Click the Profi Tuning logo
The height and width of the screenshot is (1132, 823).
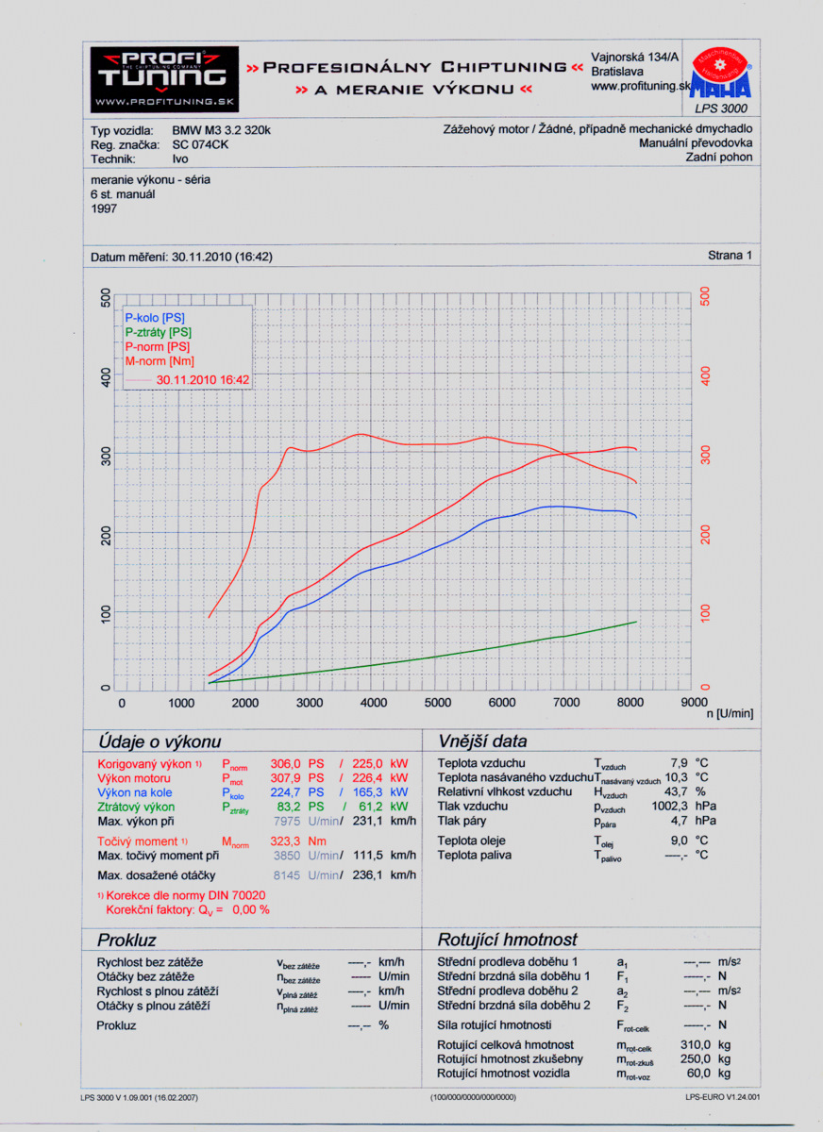click(164, 77)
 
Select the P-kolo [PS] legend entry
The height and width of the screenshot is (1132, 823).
click(155, 319)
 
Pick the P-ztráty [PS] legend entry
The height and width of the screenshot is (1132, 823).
click(158, 332)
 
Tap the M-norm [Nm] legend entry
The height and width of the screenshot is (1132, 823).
click(160, 360)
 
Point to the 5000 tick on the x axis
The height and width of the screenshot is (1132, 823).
click(438, 703)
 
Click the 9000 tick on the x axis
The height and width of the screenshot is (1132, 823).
click(693, 703)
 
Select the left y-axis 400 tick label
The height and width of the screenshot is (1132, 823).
click(106, 378)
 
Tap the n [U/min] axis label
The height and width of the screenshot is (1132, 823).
click(730, 714)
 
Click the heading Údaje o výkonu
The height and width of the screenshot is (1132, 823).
click(160, 741)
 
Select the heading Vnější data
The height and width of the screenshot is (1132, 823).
click(482, 741)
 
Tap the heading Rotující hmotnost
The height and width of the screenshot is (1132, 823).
click(507, 941)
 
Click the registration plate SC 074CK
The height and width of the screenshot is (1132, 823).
click(200, 145)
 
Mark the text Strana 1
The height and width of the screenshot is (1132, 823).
click(731, 256)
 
